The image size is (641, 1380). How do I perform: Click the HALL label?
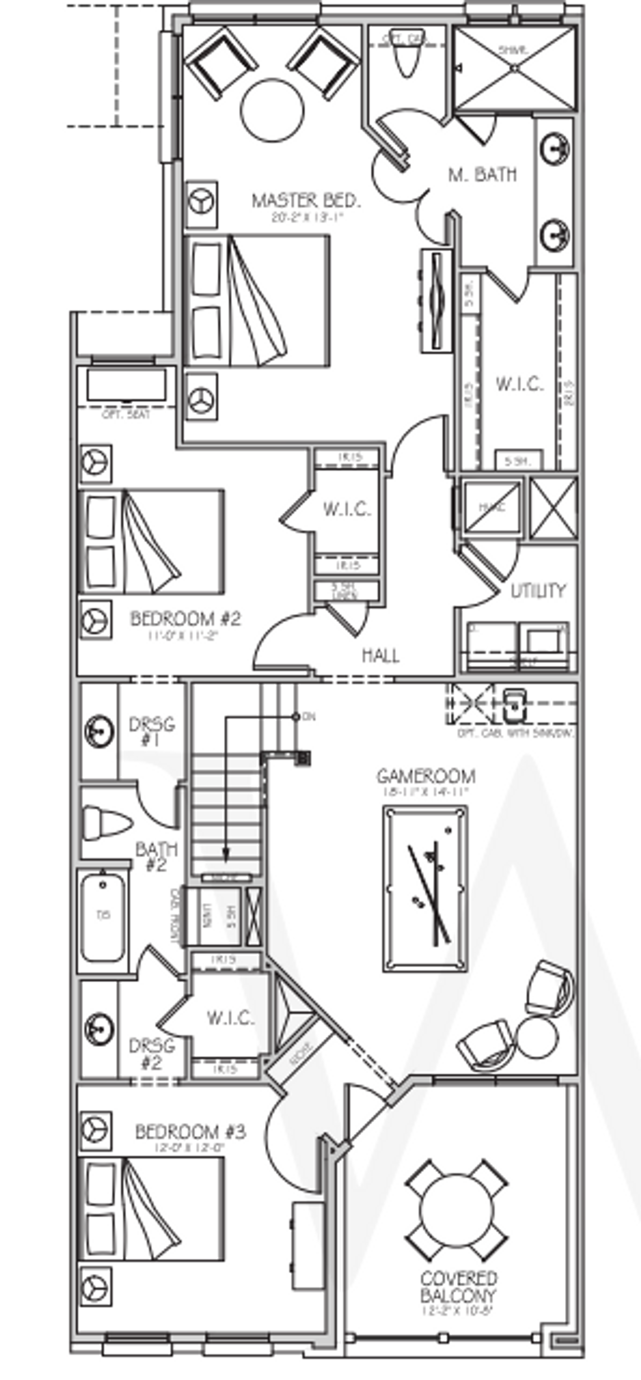coord(381,654)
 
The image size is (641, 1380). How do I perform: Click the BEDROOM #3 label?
coord(190,1132)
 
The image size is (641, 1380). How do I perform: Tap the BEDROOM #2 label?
coord(185,619)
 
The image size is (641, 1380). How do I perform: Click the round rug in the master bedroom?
coord(272,111)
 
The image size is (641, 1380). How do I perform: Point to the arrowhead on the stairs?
coord(226,855)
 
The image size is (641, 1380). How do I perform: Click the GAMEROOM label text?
coord(426,776)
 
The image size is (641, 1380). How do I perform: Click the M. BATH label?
coord(482,174)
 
